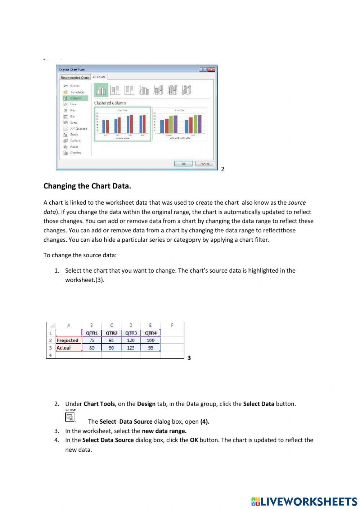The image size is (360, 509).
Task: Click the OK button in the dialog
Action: tap(183, 164)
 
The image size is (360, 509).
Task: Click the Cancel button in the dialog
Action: tap(204, 164)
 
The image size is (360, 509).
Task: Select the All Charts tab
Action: tap(99, 77)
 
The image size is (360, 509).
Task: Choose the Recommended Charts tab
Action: tap(75, 77)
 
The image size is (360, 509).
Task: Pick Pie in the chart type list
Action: tap(72, 110)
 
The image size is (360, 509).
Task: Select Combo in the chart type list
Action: tap(75, 153)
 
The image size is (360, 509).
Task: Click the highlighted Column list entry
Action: tap(76, 98)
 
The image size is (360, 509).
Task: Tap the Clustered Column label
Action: tap(110, 103)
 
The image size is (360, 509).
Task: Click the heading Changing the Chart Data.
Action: tap(87, 186)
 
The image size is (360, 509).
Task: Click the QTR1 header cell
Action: tap(92, 333)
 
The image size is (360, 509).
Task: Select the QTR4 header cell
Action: tap(150, 333)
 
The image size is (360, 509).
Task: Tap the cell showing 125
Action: tap(131, 348)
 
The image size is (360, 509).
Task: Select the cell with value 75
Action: tap(92, 340)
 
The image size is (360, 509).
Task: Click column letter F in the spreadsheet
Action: tap(172, 325)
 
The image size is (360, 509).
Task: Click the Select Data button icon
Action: tap(70, 417)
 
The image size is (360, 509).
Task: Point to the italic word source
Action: tap(297, 203)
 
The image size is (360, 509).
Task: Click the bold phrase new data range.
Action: tap(164, 431)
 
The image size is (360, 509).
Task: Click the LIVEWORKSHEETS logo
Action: tap(304, 502)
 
